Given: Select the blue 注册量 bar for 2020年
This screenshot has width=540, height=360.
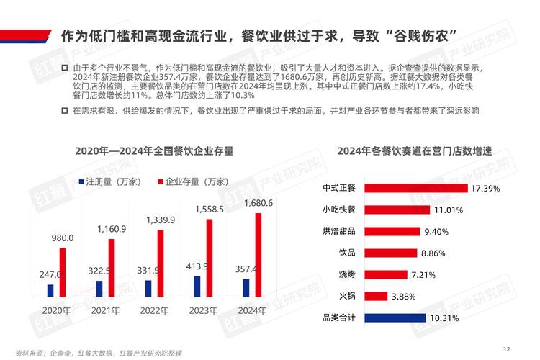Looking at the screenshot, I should (50, 290).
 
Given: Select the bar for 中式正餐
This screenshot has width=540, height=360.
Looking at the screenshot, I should (416, 188).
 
